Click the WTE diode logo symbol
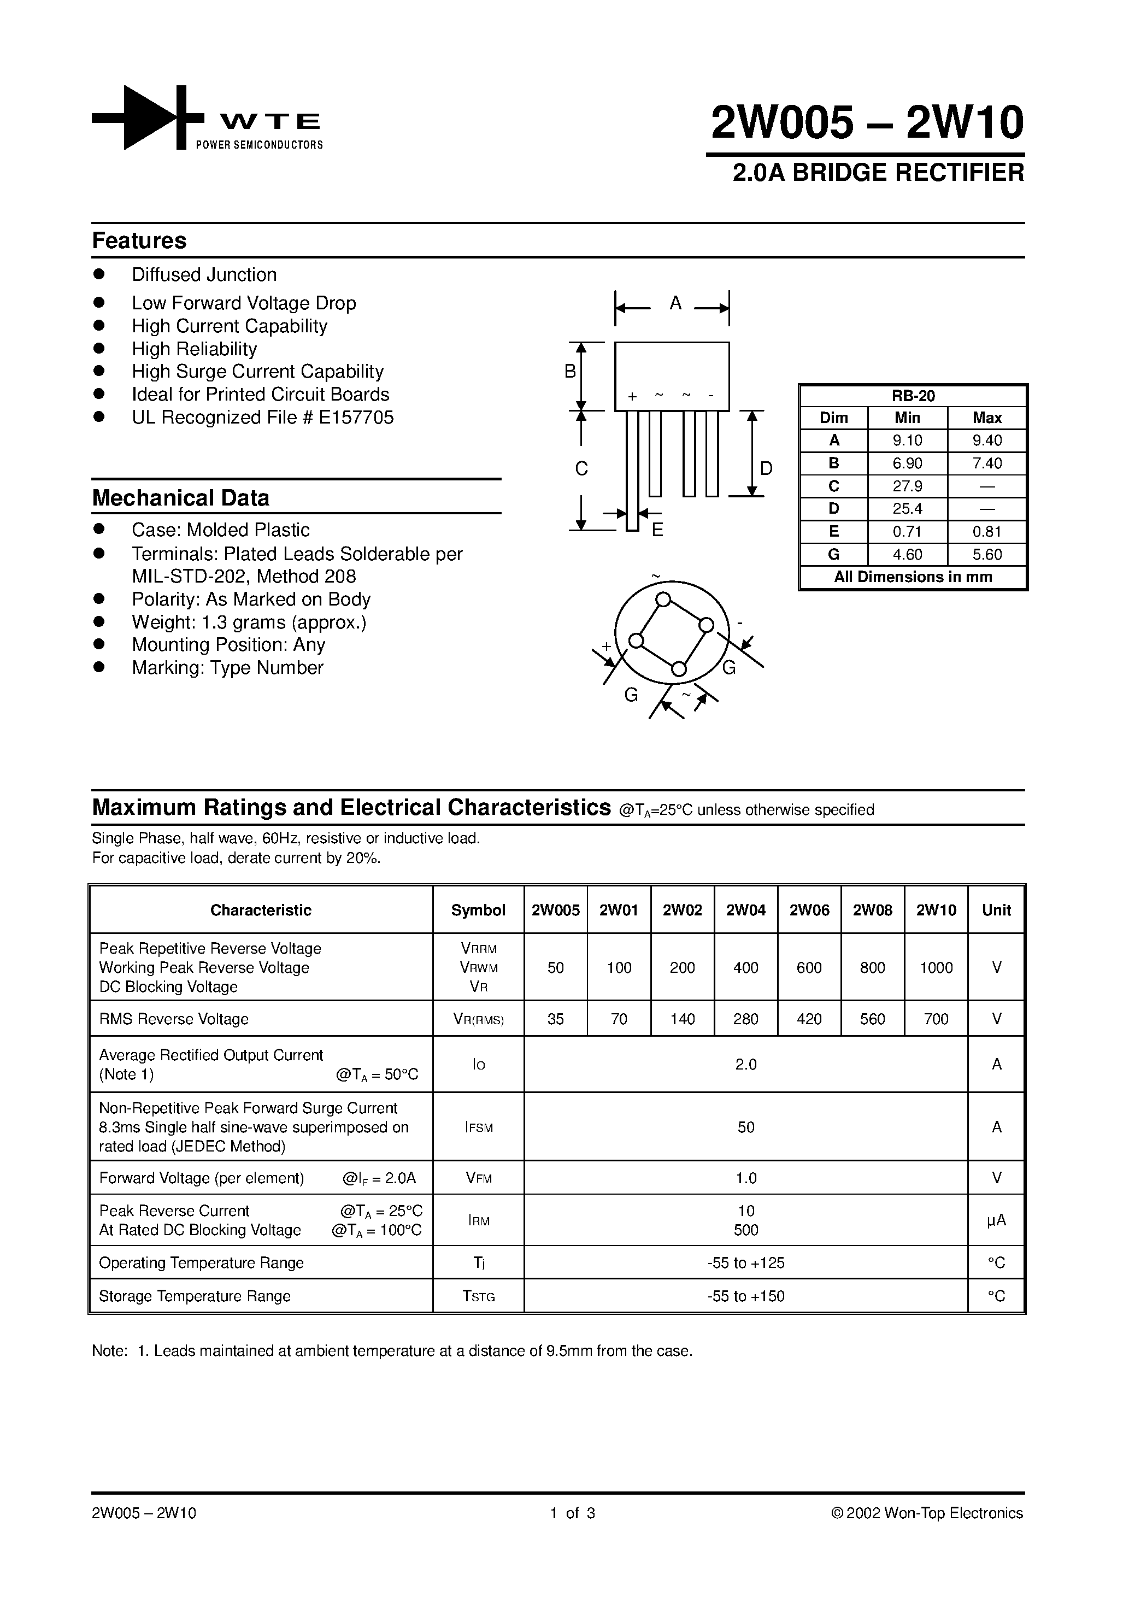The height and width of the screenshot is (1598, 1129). coord(148,117)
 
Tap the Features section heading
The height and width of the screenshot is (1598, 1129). coord(139,241)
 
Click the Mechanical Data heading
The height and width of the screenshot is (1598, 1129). coord(180,498)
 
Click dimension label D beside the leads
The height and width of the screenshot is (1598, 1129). coord(766,468)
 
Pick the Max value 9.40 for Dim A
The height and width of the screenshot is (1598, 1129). coord(986,440)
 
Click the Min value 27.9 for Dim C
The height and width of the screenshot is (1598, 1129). coord(907,486)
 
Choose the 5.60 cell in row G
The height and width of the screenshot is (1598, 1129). coord(986,554)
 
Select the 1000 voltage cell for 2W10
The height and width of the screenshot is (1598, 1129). coord(936,967)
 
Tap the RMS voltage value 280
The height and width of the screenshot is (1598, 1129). coord(745,1019)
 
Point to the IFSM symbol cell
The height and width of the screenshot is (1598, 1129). coord(478,1127)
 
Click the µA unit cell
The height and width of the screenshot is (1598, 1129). coord(996,1220)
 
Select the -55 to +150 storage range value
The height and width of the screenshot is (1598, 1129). coord(745,1296)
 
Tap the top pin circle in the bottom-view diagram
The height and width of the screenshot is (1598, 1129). coord(663,599)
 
